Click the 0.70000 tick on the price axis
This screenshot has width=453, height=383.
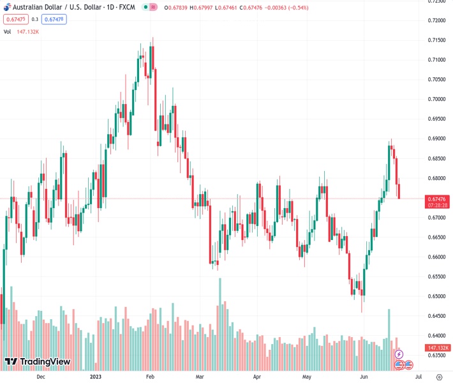point(436,100)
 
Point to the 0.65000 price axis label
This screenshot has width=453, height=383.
point(436,296)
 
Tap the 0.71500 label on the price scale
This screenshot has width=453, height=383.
point(436,40)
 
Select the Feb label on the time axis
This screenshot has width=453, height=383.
point(151,377)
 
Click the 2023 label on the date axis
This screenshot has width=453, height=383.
point(96,377)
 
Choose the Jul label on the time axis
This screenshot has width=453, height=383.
point(410,377)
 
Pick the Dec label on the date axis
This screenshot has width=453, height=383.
point(41,377)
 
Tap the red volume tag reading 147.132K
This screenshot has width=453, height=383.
point(438,348)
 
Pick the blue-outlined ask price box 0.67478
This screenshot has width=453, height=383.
point(54,19)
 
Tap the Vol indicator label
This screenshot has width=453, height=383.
point(7,31)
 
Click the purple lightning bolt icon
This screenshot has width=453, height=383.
point(399,354)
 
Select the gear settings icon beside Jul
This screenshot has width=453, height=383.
point(438,377)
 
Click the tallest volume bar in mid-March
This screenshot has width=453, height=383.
point(219,324)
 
